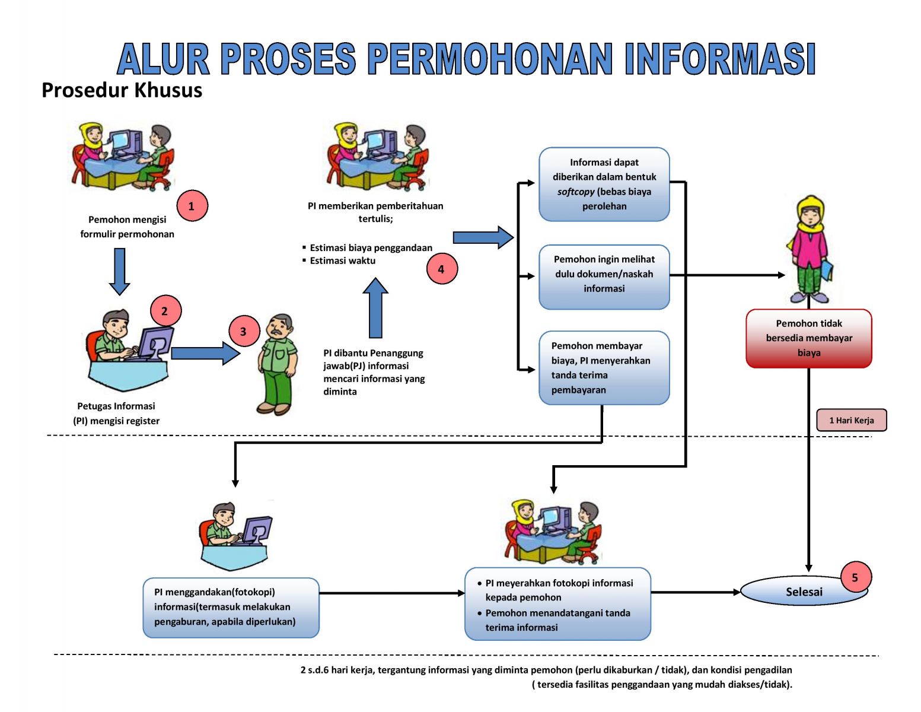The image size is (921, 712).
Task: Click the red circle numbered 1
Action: pos(192,206)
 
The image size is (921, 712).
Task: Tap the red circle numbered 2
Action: pos(165,310)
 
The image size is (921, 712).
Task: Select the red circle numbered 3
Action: pos(243,331)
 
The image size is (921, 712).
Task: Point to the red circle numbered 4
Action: pos(441,269)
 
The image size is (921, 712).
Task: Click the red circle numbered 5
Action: pos(855,577)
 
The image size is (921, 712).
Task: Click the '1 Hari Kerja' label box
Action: pos(851,420)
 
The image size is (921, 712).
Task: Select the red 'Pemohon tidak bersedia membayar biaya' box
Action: pos(809,338)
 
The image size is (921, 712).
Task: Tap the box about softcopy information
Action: pos(604,184)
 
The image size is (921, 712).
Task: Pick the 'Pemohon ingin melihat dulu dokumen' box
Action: pos(604,276)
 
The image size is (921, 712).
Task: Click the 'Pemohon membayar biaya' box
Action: pos(604,368)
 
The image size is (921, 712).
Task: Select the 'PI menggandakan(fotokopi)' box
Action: pos(231,608)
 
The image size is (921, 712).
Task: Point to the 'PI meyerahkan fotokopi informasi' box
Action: pos(557,604)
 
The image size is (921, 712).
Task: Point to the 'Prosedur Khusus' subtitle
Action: pos(122,90)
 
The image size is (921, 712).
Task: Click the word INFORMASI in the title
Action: pos(720,59)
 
